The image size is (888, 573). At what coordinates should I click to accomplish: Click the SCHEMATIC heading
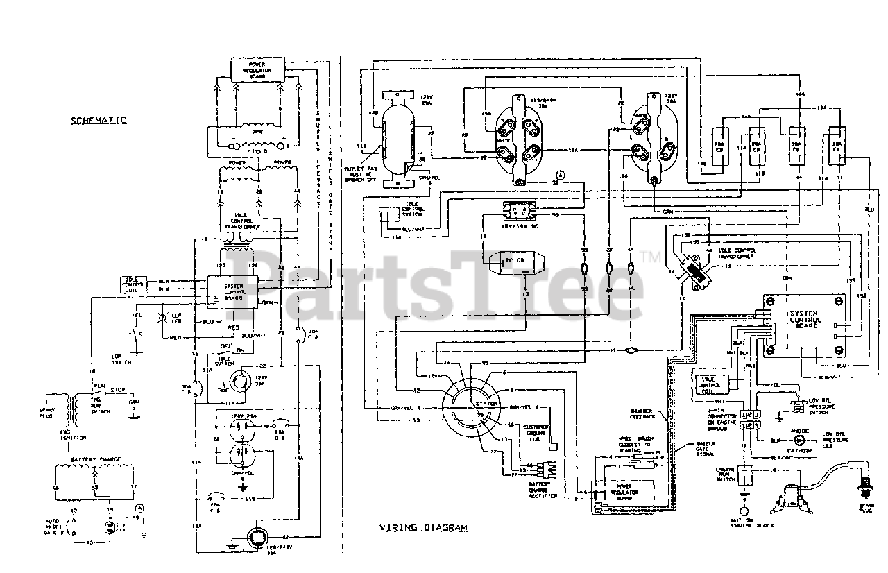99,120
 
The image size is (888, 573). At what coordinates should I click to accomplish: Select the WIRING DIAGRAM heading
422,527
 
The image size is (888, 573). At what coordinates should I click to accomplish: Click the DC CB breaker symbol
513,262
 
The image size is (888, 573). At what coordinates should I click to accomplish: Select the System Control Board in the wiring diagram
805,323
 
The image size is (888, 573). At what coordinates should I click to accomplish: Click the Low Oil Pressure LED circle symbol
799,441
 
